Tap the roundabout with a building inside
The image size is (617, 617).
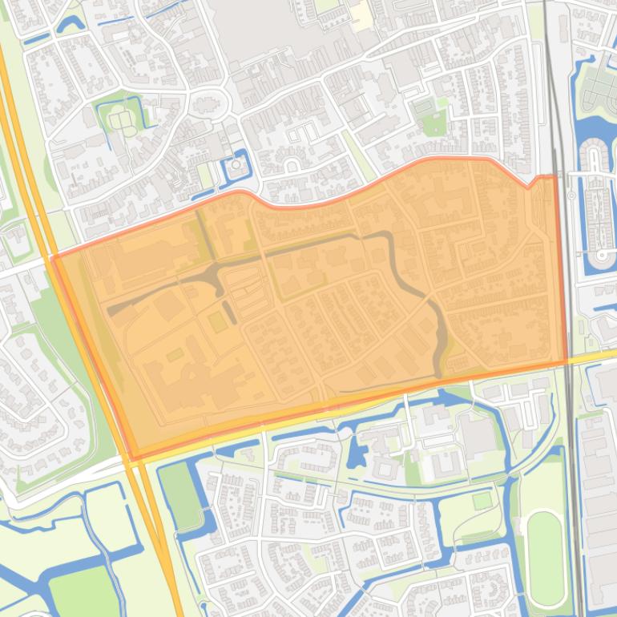207,104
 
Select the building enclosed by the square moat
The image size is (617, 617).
236,167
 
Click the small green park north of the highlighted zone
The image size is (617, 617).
434,123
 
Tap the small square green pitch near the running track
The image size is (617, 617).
482,501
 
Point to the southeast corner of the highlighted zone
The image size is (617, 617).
566,361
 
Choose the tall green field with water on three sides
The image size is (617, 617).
181,497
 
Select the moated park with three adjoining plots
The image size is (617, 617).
122,119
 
